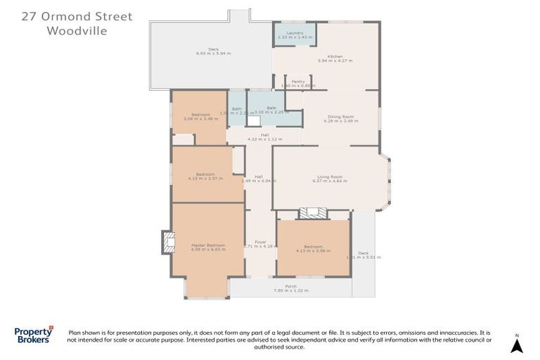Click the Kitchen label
(x=335, y=56)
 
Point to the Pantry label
(x=298, y=82)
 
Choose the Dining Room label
(x=340, y=116)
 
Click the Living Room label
(x=330, y=176)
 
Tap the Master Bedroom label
(x=207, y=245)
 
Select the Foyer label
(x=260, y=242)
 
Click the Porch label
(x=290, y=286)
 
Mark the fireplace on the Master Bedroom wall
(x=167, y=242)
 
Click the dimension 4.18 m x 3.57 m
(x=205, y=179)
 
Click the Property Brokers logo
(x=34, y=335)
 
